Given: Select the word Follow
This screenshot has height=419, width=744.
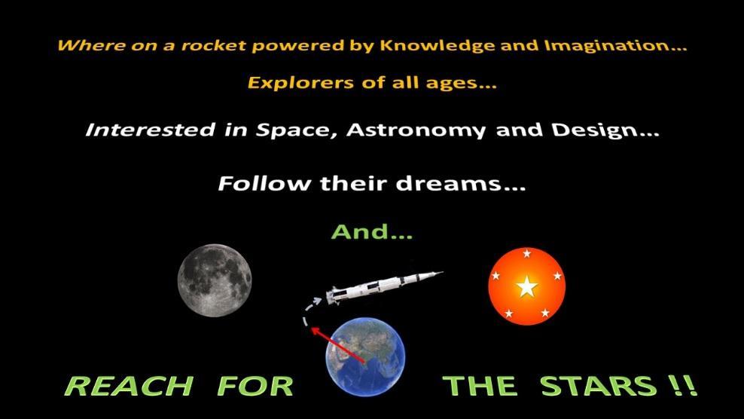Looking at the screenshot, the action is (264, 183).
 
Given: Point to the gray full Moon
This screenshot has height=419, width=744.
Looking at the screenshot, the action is (215, 280).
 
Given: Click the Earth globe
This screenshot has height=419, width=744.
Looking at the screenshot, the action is (365, 356).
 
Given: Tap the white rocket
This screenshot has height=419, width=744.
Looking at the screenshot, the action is (384, 287).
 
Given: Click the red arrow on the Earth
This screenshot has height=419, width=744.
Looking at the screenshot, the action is (338, 345).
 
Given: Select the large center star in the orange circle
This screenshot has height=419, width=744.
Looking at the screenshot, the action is (526, 287).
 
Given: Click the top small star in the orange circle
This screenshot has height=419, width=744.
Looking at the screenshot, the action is (526, 253).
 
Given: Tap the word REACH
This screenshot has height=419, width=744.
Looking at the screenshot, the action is (129, 386).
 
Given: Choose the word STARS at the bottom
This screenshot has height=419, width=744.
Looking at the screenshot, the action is (599, 386).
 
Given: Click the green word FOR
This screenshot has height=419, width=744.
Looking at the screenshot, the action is (255, 386).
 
